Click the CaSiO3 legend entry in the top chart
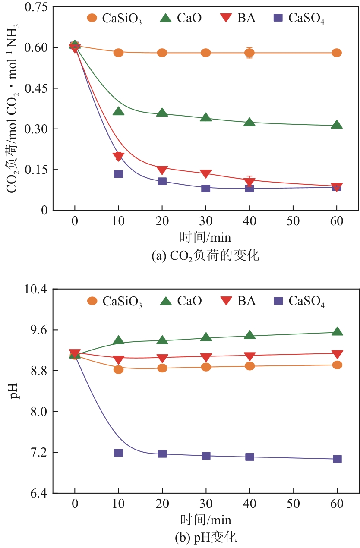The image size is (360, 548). pyautogui.click(x=114, y=18)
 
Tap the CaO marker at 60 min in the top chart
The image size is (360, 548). pyautogui.click(x=337, y=125)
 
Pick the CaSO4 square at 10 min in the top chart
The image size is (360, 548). pyautogui.click(x=118, y=174)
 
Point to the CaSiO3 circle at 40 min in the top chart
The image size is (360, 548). pyautogui.click(x=249, y=53)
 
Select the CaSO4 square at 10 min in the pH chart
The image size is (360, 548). pyautogui.click(x=118, y=453)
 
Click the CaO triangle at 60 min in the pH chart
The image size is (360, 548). pyautogui.click(x=337, y=331)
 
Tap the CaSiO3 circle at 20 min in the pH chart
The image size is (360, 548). pyautogui.click(x=162, y=368)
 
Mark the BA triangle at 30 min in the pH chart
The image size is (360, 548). pyautogui.click(x=206, y=357)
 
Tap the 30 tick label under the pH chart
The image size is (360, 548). pyautogui.click(x=206, y=505)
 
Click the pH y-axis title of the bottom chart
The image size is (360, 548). pyautogui.click(x=15, y=391)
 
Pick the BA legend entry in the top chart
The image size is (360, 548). pyautogui.click(x=237, y=18)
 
